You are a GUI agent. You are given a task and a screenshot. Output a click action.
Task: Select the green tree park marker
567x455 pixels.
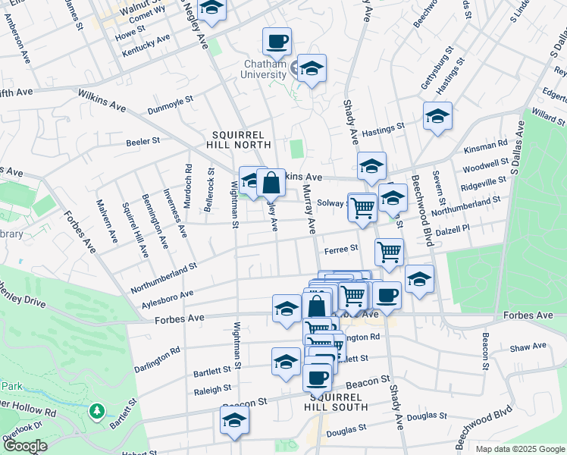[x=96, y=412]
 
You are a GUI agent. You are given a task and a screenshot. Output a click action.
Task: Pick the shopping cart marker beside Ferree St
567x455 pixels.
[x=389, y=252]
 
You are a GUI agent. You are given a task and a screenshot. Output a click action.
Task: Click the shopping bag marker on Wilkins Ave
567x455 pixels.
[x=271, y=182]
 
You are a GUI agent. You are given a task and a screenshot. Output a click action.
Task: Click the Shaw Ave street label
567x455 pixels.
[x=528, y=347]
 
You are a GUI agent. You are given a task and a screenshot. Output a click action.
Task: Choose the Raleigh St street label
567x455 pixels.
[x=212, y=389]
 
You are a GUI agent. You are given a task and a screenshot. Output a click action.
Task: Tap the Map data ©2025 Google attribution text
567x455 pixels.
[x=519, y=448]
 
